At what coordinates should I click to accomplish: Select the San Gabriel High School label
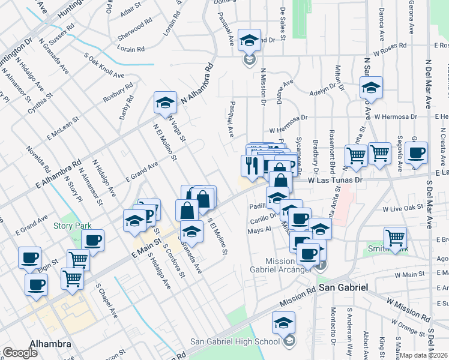click(235, 341)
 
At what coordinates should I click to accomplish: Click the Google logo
click(20, 353)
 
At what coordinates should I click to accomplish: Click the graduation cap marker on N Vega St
click(165, 103)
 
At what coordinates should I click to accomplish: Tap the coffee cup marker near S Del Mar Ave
click(415, 153)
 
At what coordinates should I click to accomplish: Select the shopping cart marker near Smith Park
click(395, 238)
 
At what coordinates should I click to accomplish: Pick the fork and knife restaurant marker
click(252, 166)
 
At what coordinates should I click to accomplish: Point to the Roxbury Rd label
click(117, 95)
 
